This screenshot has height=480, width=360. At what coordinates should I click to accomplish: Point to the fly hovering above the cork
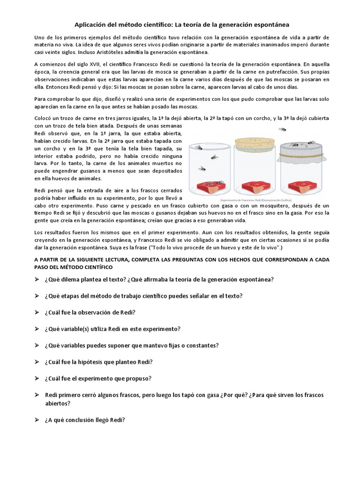pyautogui.click(x=283, y=129)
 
